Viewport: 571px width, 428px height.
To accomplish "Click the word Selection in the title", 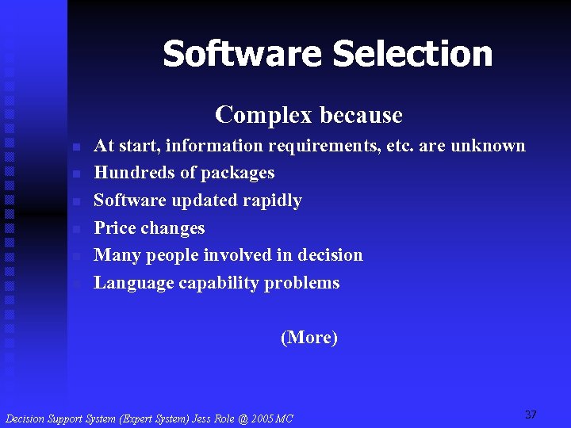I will pyautogui.click(x=412, y=54).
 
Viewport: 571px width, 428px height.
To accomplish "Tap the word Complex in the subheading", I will pyautogui.click(x=254, y=116).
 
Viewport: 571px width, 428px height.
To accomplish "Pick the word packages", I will pyautogui.click(x=237, y=174).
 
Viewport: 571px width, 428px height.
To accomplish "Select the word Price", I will pyautogui.click(x=116, y=228).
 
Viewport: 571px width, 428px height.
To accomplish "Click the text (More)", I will pyautogui.click(x=309, y=338).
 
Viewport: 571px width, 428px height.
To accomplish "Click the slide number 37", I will pyautogui.click(x=531, y=415).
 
